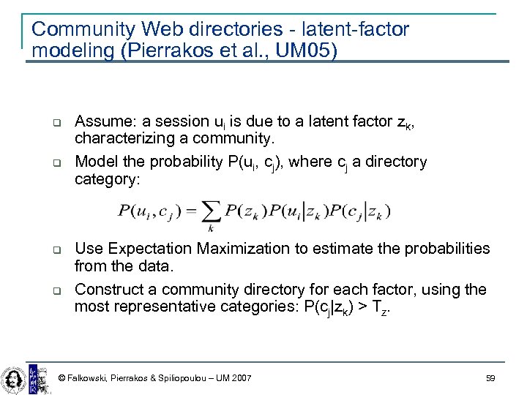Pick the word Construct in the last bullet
click(x=114, y=290)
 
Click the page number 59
click(x=490, y=378)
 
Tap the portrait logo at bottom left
click(x=12, y=378)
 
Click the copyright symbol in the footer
click(x=61, y=378)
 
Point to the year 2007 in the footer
click(x=239, y=378)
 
